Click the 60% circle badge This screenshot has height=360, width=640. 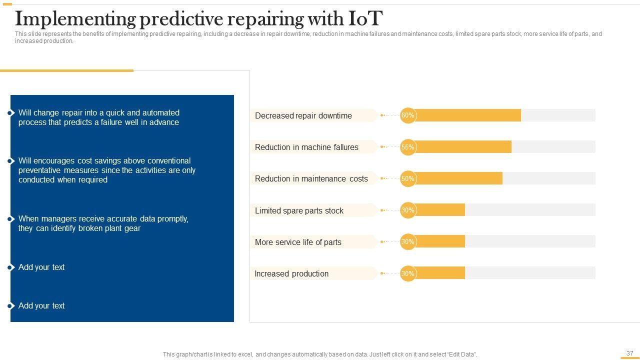tap(408, 115)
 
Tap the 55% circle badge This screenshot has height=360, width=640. tap(408, 147)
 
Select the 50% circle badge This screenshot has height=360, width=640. tap(408, 178)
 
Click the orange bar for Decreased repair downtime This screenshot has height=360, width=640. tap(467, 115)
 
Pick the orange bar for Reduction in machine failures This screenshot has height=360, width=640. tap(462, 147)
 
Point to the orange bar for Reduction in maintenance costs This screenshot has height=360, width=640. tap(458, 178)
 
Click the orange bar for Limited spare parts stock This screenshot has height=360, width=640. tap(440, 210)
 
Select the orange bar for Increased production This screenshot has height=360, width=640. tap(440, 273)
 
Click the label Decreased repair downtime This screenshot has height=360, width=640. tap(303, 115)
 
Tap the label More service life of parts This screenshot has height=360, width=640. tap(298, 242)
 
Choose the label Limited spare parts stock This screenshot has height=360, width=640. tap(299, 210)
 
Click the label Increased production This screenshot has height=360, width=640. tap(291, 273)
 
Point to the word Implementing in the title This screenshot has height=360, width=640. tap(75, 19)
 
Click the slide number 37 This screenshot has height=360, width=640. tap(630, 353)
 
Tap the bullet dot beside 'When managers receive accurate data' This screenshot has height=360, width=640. tap(10, 219)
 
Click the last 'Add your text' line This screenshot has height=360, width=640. tap(41, 305)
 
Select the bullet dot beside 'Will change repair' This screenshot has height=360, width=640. tap(10, 113)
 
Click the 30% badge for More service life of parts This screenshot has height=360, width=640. tap(408, 241)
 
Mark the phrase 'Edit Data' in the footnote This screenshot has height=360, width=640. tap(459, 354)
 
